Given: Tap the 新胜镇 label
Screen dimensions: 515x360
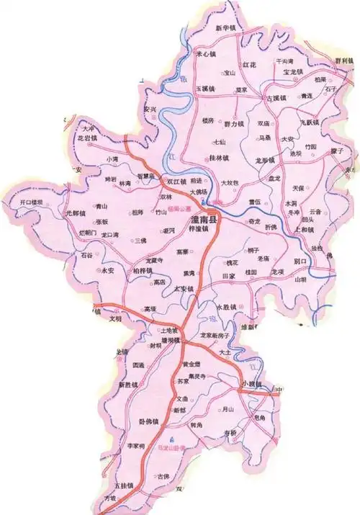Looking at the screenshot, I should coord(128,385).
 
